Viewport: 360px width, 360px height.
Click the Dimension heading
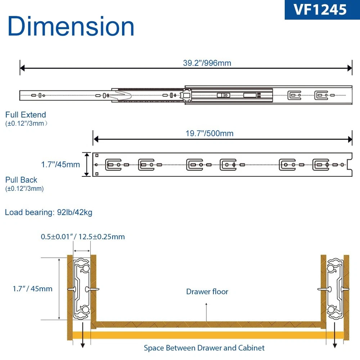71,27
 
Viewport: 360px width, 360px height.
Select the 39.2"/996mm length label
207,63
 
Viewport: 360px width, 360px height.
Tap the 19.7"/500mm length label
210,134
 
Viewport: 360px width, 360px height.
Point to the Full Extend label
26,115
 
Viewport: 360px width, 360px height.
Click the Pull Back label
21,180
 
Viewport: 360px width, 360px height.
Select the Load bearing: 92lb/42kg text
49,212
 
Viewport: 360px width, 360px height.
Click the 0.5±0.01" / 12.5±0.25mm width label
83,237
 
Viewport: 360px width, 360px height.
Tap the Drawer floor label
207,292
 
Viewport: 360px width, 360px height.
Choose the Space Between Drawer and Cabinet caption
204,348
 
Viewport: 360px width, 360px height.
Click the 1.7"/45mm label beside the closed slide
60,165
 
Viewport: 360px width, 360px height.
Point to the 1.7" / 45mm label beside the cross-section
32,289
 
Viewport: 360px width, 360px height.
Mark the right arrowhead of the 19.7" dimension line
350,139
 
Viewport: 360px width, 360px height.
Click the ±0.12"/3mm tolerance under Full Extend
27,123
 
